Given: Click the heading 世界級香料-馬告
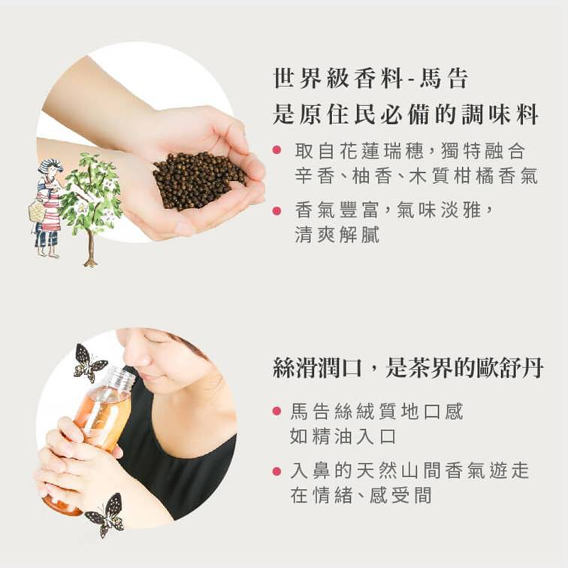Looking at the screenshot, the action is coord(370,78).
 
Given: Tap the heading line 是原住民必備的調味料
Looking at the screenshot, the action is coord(406,114).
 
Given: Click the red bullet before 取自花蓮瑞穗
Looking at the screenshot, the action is coord(276,150).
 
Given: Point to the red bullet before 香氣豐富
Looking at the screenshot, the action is coord(276,210).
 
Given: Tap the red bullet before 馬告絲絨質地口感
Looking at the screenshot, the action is coord(276,411).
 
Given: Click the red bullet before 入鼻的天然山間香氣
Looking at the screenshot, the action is coord(276,471).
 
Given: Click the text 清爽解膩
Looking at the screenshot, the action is coord(337,234).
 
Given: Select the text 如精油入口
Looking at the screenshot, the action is coord(343,436).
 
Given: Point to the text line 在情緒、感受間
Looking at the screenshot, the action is coord(361,496).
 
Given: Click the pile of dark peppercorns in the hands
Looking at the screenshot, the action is coord(198,180).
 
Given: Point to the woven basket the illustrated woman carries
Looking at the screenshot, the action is coord(37,211).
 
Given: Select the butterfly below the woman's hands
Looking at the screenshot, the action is coord(105,515).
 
